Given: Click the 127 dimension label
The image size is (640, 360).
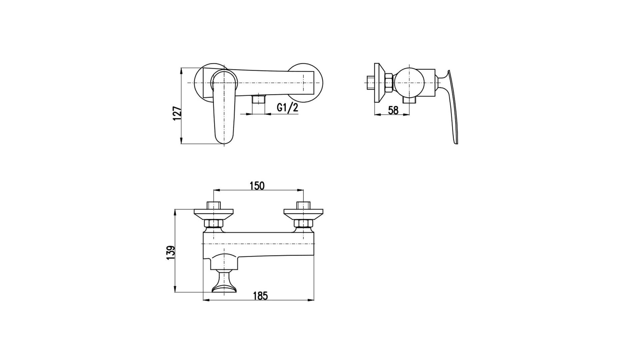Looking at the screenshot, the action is (x=177, y=113).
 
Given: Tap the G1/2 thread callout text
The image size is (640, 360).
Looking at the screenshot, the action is (x=287, y=108).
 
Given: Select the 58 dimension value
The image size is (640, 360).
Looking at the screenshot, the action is (x=393, y=110).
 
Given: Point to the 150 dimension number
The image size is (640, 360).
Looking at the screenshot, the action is (x=257, y=186).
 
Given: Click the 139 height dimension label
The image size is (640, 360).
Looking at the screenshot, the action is (x=171, y=253).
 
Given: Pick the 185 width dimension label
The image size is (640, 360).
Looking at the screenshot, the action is (x=260, y=296).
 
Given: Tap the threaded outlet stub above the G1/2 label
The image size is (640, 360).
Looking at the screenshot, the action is (x=258, y=99).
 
